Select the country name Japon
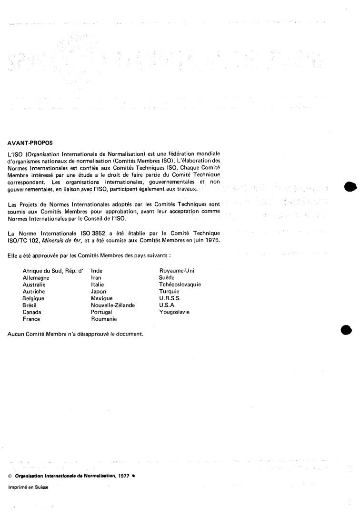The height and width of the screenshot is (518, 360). tap(99, 291)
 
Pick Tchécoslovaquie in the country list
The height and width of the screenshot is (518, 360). tap(180, 284)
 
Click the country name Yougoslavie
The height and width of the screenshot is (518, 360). tap(174, 312)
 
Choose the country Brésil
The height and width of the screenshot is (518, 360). tap(30, 305)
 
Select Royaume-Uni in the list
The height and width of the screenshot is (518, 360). tap(177, 271)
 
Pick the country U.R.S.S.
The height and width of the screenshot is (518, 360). tap(169, 298)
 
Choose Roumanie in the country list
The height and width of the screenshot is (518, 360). tap(104, 319)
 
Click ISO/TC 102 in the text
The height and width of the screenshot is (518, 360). tap(22, 240)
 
